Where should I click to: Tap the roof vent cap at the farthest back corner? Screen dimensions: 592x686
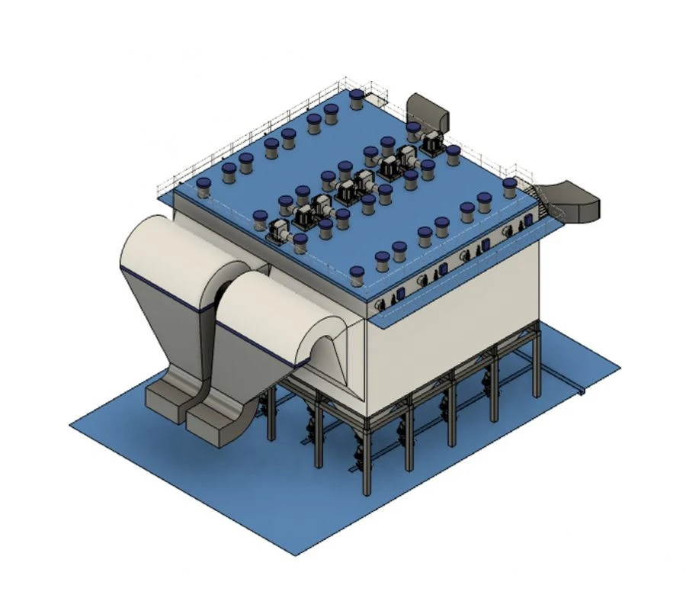356,98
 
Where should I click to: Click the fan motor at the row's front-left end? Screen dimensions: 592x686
278,228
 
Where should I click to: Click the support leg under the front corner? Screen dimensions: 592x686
366,458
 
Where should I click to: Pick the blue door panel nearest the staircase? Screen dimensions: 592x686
527,220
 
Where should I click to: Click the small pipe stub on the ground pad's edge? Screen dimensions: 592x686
582,392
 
